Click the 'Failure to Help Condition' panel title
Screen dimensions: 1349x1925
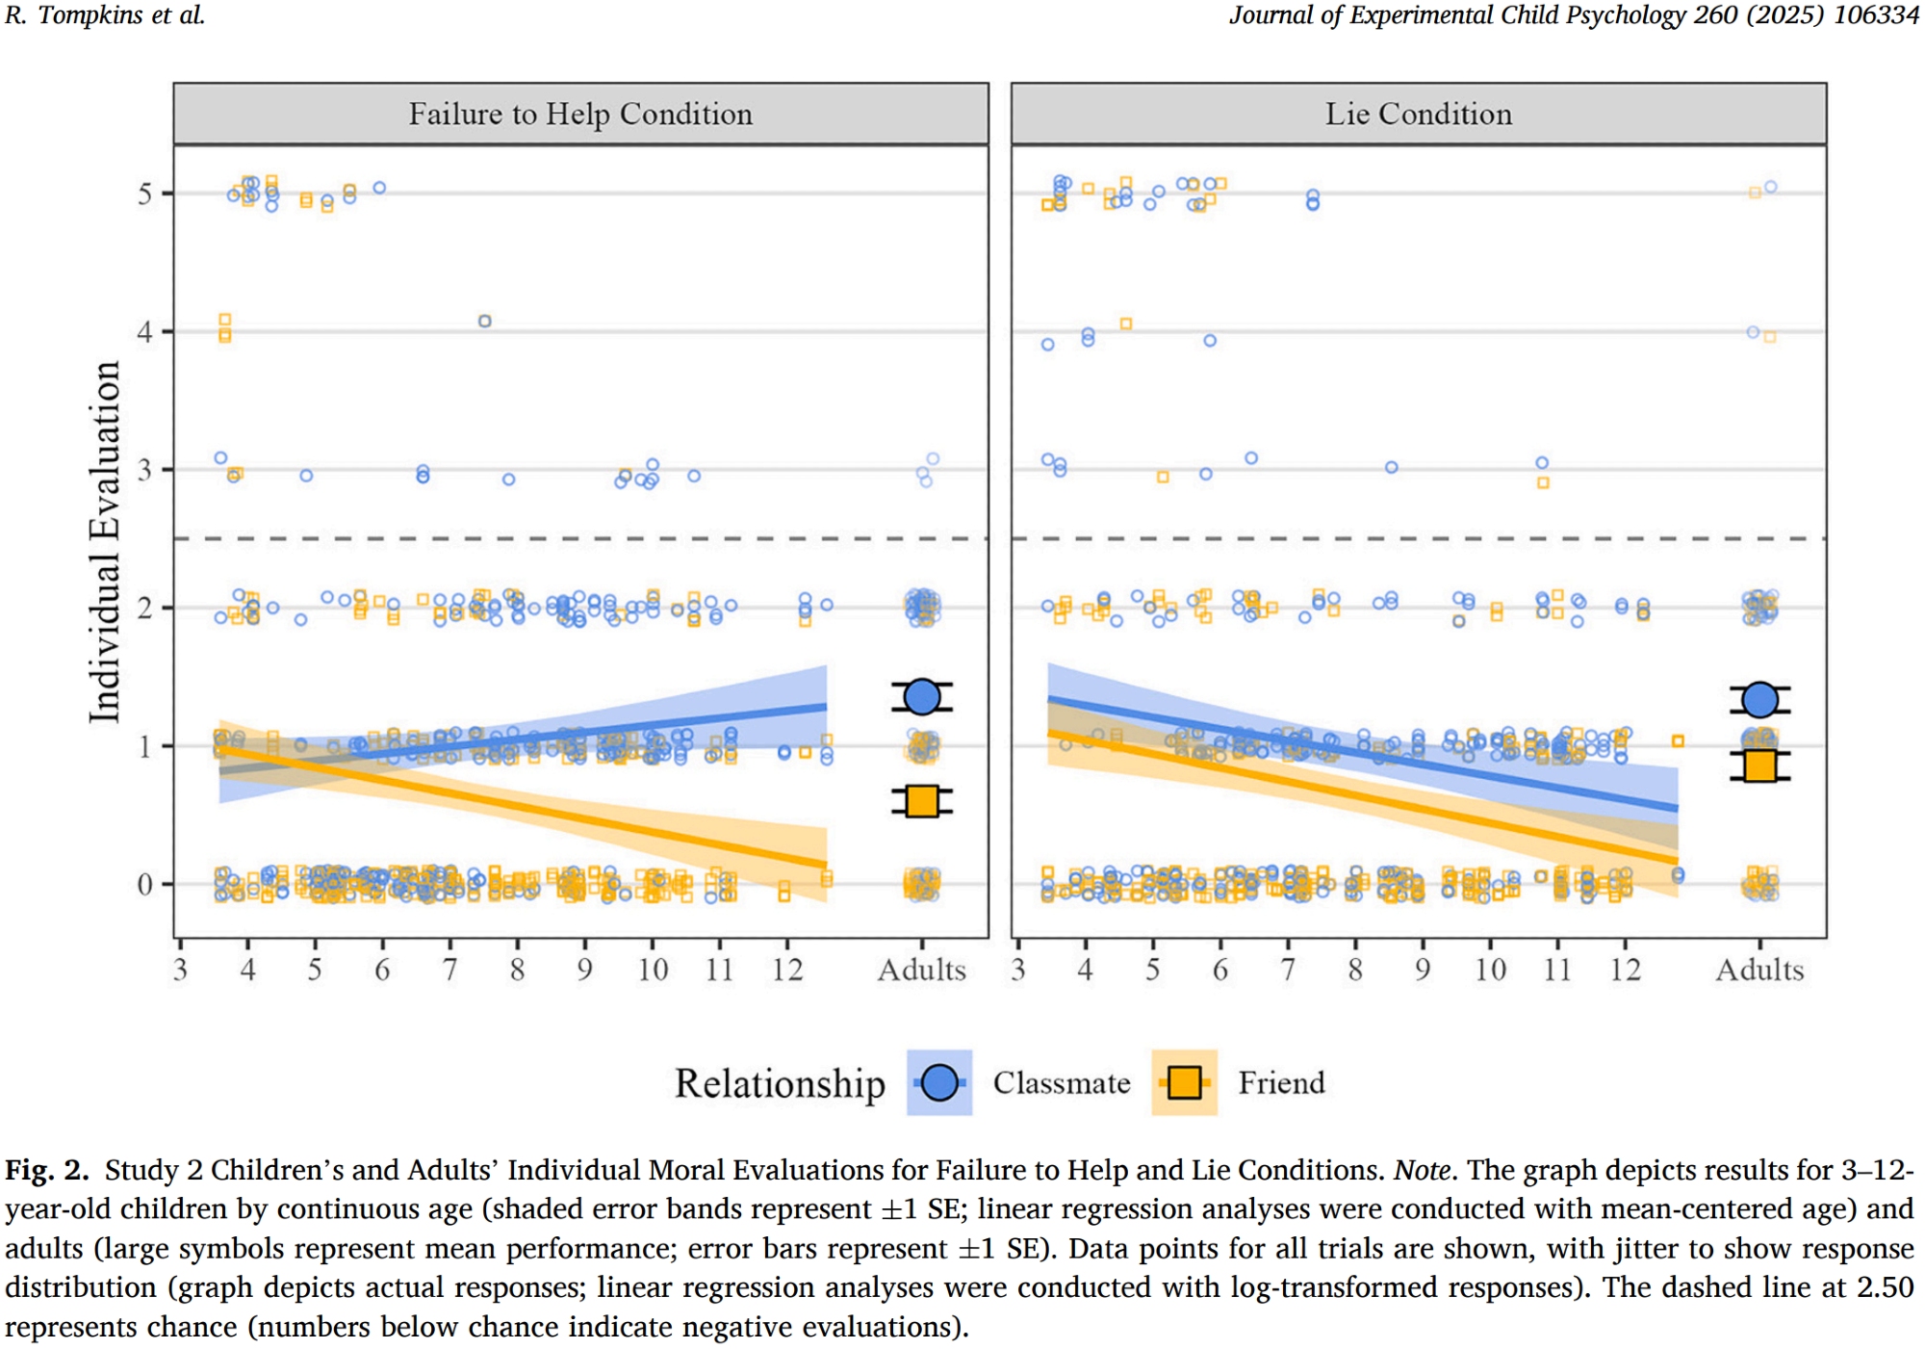click(580, 114)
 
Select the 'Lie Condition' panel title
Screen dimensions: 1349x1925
click(1418, 114)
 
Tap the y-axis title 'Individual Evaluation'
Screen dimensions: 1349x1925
click(105, 541)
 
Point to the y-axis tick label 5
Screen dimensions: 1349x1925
click(144, 195)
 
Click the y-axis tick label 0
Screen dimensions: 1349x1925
click(144, 885)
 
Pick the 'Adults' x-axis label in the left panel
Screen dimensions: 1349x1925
click(921, 970)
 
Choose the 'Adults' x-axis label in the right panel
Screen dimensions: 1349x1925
click(1759, 970)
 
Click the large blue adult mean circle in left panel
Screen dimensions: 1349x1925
click(922, 697)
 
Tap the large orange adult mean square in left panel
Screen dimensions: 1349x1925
click(922, 801)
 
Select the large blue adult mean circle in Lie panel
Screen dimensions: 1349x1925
click(1760, 700)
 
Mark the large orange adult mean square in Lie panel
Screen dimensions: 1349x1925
click(1760, 765)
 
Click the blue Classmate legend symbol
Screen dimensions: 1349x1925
click(939, 1083)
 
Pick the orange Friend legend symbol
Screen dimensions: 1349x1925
click(1184, 1083)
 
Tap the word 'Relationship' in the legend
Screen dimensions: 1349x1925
click(780, 1083)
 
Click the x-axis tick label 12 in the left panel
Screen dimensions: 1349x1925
click(787, 970)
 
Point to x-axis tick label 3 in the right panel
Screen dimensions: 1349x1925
click(1018, 970)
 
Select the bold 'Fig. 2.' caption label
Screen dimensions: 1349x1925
click(46, 1171)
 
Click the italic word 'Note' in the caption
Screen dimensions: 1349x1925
click(1423, 1171)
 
